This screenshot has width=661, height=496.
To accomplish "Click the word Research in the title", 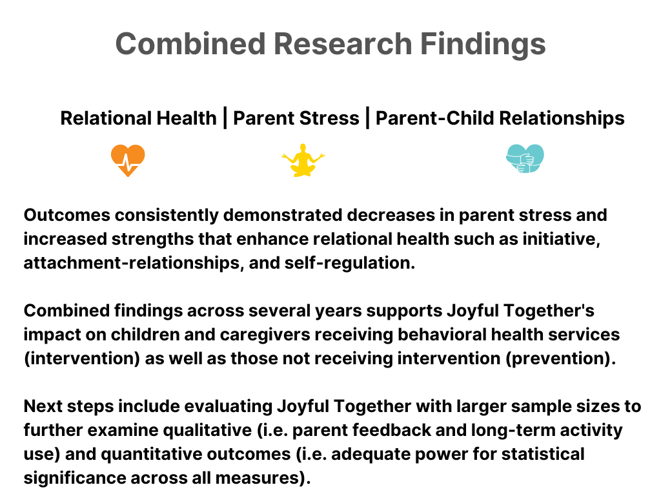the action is [343, 44].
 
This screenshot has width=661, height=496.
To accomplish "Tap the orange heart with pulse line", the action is [128, 160].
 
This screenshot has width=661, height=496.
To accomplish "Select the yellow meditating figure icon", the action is [303, 160].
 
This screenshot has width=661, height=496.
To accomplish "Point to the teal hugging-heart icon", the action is [525, 159].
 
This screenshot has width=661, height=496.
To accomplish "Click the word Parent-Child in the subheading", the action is [434, 118].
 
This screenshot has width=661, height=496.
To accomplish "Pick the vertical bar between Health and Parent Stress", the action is [225, 118].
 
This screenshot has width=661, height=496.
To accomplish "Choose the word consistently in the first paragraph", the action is [167, 215].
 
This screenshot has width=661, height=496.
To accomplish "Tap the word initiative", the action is [561, 239].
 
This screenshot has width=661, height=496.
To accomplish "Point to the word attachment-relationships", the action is [134, 263].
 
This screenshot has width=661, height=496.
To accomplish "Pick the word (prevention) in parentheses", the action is [561, 358].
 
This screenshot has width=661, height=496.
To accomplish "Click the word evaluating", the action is [228, 407].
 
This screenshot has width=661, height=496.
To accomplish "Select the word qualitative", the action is [207, 430].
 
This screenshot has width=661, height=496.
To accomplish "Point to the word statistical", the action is [543, 454].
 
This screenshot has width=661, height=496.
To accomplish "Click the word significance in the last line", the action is [75, 478].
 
